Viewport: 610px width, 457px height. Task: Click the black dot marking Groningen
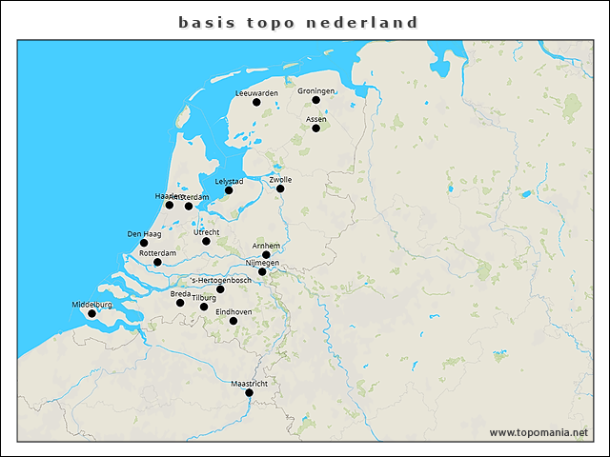[315, 100]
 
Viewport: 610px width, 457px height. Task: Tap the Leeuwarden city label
[256, 93]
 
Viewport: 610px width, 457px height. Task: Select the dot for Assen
[315, 129]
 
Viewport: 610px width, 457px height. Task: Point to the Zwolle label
[280, 179]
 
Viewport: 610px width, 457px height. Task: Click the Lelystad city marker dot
[229, 190]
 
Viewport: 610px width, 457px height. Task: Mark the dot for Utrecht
[206, 241]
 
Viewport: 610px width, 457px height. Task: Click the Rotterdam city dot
[157, 262]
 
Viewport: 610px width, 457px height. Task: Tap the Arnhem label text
[266, 246]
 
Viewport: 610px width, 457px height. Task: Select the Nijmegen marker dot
[262, 271]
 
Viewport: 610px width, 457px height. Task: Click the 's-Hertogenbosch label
[221, 280]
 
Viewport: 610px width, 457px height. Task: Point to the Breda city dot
[180, 303]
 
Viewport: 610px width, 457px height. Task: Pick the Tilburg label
[204, 298]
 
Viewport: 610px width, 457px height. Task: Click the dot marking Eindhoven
[234, 321]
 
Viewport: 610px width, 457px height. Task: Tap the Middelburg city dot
[91, 313]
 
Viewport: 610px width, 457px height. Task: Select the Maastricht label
[249, 384]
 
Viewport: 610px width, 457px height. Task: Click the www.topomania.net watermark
[539, 432]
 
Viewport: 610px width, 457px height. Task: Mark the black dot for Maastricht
[249, 392]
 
